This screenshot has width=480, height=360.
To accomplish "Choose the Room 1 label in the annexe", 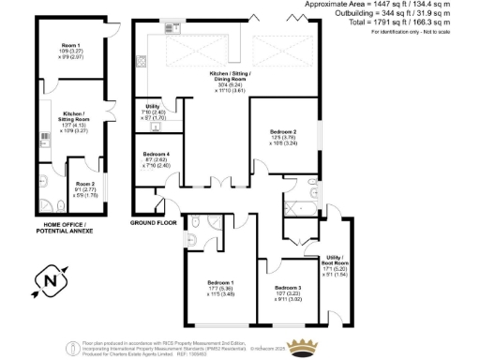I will [72, 45].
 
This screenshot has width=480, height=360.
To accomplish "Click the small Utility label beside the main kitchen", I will [153, 108].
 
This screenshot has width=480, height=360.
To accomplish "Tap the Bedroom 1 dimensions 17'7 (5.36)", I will [221, 289].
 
